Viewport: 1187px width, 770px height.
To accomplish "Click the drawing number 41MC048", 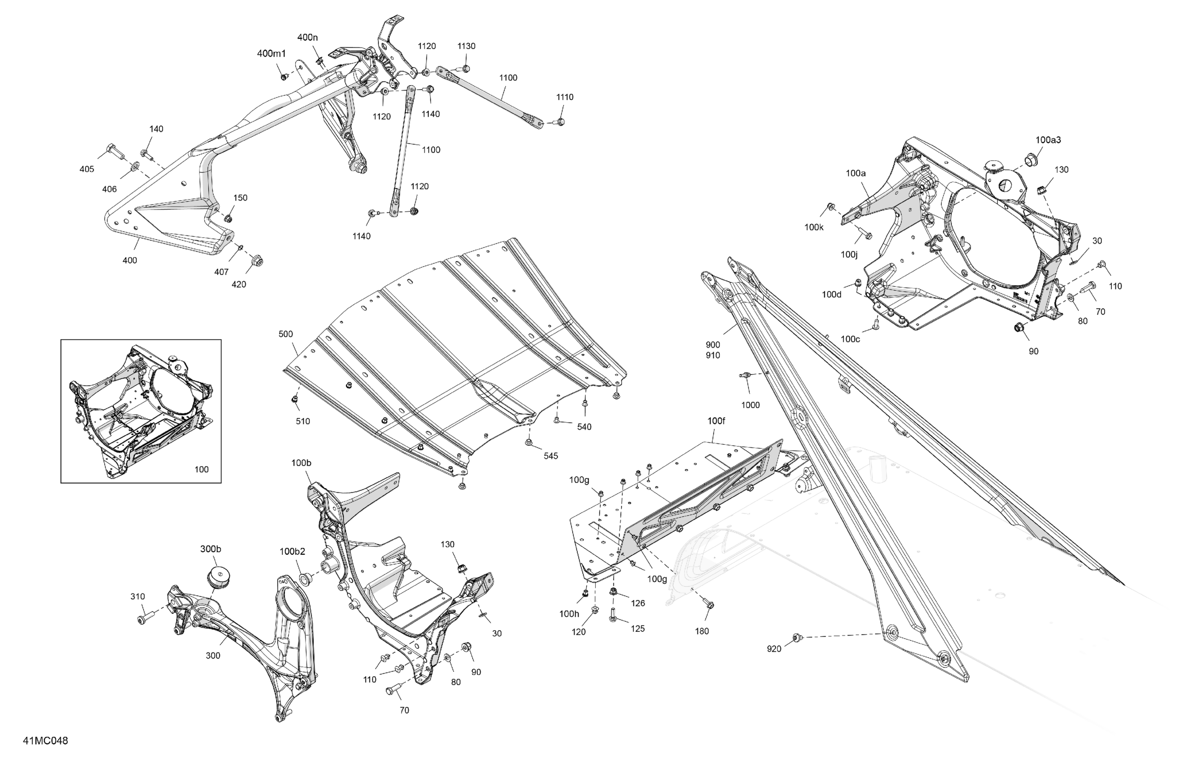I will click(x=45, y=741).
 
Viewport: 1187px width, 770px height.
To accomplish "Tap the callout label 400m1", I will click(x=271, y=53).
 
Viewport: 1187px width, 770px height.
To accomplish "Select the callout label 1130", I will click(x=466, y=46).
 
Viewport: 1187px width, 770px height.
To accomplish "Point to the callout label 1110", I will click(x=565, y=97).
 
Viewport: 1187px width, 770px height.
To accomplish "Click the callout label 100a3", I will click(x=1048, y=140).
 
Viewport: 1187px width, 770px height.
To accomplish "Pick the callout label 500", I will click(x=286, y=334).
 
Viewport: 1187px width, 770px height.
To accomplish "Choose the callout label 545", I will click(x=550, y=456).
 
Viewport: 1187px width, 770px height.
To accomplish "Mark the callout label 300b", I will click(x=211, y=549).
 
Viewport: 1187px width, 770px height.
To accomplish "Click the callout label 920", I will click(x=774, y=649).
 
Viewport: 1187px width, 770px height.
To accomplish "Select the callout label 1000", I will click(x=750, y=405).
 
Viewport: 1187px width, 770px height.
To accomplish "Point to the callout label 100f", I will click(x=716, y=421).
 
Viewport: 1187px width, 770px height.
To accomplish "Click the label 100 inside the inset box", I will click(x=201, y=469).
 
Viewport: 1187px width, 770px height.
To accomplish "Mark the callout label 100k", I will click(x=814, y=227).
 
